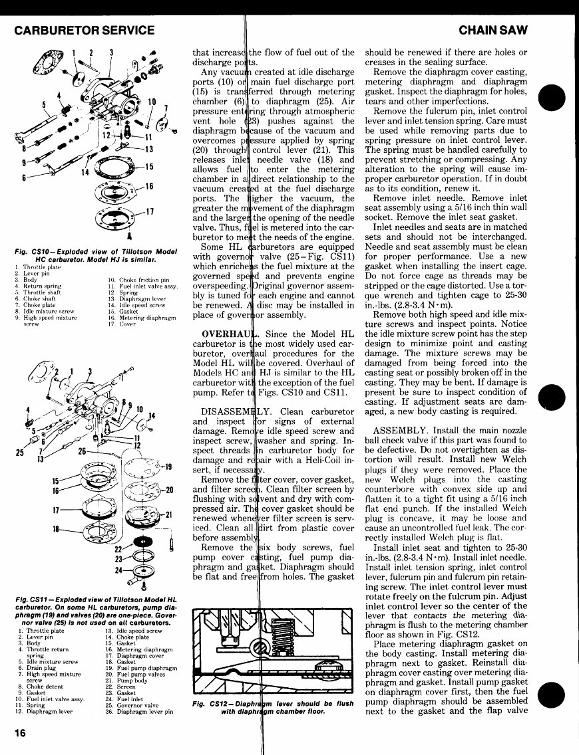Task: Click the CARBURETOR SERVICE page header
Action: (x=84, y=30)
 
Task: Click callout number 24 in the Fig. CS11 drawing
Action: (x=118, y=570)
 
